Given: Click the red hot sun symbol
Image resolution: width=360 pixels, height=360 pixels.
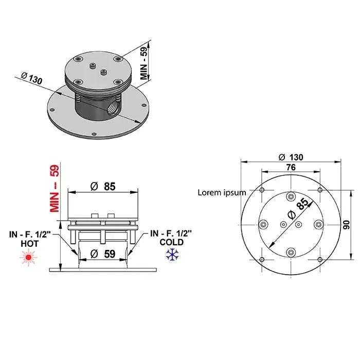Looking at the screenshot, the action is tap(28, 258).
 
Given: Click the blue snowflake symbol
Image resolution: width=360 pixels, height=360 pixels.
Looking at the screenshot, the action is tap(172, 255).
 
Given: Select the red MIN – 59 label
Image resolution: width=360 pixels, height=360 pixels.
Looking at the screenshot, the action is tap(55, 189).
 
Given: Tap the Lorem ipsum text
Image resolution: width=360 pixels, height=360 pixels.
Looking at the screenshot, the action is tap(222, 192).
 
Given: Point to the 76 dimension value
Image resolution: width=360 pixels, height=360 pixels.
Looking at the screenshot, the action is tap(291, 167).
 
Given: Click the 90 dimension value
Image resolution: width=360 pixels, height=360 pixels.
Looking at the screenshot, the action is tap(347, 225).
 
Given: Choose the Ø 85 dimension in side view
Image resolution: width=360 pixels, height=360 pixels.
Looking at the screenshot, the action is tap(103, 186).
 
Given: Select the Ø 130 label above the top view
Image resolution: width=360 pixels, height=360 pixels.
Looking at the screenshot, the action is tap(291, 157).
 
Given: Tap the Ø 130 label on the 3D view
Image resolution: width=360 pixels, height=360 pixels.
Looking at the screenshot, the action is tap(32, 78).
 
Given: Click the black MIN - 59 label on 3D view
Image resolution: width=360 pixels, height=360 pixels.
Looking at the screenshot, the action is tap(144, 62).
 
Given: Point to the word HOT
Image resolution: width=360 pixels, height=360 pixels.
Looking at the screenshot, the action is tap(30, 244).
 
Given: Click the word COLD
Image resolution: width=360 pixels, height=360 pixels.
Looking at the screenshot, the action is tap(171, 242).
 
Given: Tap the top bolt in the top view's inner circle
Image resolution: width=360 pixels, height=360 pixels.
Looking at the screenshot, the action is tap(291, 196).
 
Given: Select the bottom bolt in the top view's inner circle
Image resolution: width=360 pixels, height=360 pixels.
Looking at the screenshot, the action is tap(291, 253).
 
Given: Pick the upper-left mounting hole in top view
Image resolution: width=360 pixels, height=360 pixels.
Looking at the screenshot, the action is tap(262, 190).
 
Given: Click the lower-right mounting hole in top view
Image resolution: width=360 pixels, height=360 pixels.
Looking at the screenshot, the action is tap(320, 260).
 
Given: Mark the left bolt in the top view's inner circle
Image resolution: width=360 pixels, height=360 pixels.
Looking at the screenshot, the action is tap(263, 224).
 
